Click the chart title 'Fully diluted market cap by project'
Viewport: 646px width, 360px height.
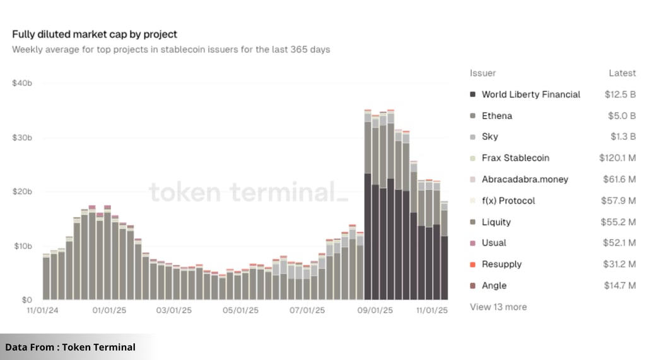point(95,34)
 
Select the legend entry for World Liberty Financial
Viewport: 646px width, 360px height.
point(531,95)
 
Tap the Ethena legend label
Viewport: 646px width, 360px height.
point(496,116)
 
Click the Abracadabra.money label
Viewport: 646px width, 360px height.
point(524,180)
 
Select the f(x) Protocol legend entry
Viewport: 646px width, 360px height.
point(508,200)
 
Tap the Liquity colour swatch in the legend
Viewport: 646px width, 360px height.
point(473,222)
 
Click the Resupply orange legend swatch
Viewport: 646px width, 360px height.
point(473,264)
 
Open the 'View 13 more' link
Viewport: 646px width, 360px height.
point(498,307)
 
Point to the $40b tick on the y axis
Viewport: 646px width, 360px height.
point(22,83)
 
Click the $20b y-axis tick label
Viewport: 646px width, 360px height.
point(22,192)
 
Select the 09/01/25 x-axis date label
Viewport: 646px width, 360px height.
point(375,310)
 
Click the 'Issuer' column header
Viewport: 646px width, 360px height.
point(483,73)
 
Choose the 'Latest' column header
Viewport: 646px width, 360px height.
point(622,73)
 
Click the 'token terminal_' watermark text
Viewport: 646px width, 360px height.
point(248,192)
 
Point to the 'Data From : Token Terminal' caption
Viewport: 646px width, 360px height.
point(70,347)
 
